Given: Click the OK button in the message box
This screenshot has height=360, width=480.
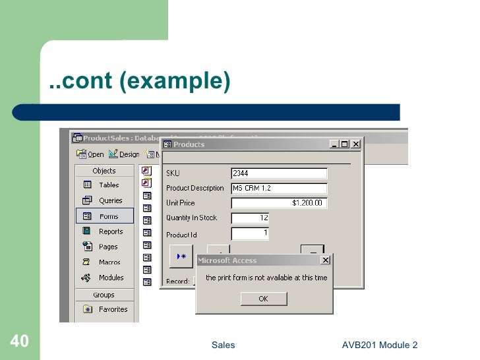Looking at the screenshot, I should (x=263, y=299).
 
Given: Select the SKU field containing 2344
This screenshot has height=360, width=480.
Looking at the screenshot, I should (x=279, y=173).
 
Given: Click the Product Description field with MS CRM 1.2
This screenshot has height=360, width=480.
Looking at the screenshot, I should (x=279, y=188).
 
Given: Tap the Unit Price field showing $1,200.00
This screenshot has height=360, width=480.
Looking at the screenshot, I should (x=279, y=203).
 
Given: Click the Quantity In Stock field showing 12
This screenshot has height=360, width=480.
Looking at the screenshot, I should (x=250, y=218).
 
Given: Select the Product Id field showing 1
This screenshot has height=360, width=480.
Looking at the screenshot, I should (x=250, y=233).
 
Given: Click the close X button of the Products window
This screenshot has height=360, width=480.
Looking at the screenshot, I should (x=356, y=144).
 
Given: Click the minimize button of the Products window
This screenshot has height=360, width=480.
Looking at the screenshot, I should (x=335, y=144).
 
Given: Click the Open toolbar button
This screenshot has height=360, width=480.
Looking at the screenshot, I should (x=90, y=154).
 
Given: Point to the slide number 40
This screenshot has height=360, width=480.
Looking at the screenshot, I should (x=18, y=342).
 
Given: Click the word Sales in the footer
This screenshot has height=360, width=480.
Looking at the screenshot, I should (x=223, y=345).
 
